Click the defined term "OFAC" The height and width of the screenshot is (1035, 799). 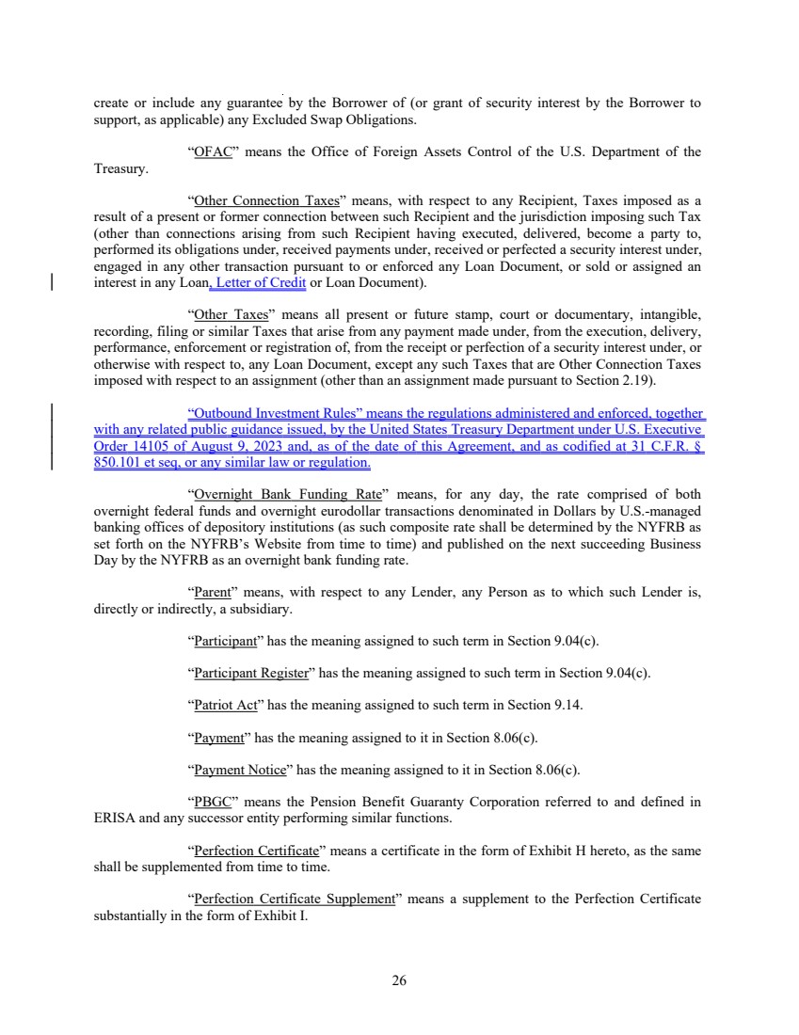pos(213,152)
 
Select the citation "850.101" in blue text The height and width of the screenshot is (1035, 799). pos(119,464)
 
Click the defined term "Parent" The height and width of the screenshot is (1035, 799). pos(213,593)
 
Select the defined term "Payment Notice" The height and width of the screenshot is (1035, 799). pos(239,770)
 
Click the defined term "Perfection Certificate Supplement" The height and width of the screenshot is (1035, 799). pos(294,899)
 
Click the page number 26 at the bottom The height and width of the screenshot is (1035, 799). pos(399,980)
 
